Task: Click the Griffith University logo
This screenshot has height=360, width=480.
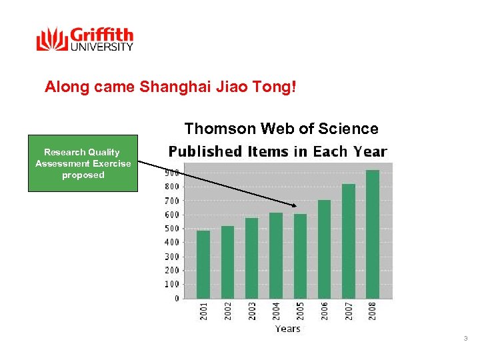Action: click(x=85, y=39)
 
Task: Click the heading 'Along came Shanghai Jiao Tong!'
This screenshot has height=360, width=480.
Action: click(x=170, y=87)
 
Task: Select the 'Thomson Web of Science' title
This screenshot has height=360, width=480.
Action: click(x=281, y=129)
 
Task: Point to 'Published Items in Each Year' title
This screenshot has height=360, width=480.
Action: click(x=277, y=151)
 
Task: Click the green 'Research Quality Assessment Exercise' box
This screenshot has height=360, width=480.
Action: click(x=83, y=163)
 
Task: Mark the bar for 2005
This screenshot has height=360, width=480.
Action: click(x=300, y=256)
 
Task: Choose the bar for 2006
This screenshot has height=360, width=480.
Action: click(x=324, y=249)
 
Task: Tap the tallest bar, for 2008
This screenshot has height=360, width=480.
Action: click(x=372, y=234)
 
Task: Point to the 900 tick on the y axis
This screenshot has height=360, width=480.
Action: click(x=171, y=172)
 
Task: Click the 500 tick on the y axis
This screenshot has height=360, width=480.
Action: click(x=171, y=229)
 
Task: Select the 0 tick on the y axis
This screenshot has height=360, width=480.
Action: click(x=176, y=299)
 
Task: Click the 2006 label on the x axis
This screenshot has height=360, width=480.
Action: click(x=325, y=311)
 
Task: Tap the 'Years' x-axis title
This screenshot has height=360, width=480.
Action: click(x=287, y=329)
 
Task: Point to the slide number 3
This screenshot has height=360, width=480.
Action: click(x=465, y=340)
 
